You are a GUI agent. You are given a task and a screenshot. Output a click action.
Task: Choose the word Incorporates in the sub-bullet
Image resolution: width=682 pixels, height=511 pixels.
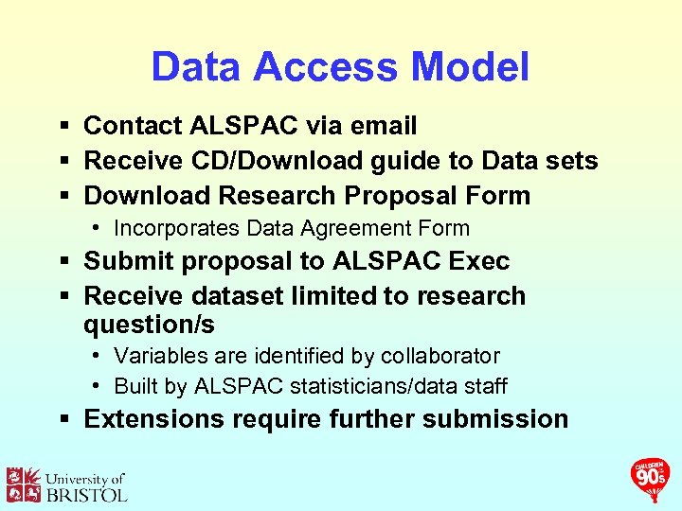coord(177,228)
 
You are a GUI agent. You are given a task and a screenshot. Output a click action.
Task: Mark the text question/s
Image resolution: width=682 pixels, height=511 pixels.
coord(149,326)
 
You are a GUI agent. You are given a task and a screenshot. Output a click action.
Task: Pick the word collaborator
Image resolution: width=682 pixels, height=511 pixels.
coord(440,356)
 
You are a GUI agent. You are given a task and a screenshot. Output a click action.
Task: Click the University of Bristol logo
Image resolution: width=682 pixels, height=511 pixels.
coord(66,485)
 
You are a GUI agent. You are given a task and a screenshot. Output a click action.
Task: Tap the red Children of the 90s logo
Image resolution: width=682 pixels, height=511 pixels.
coord(651,478)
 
